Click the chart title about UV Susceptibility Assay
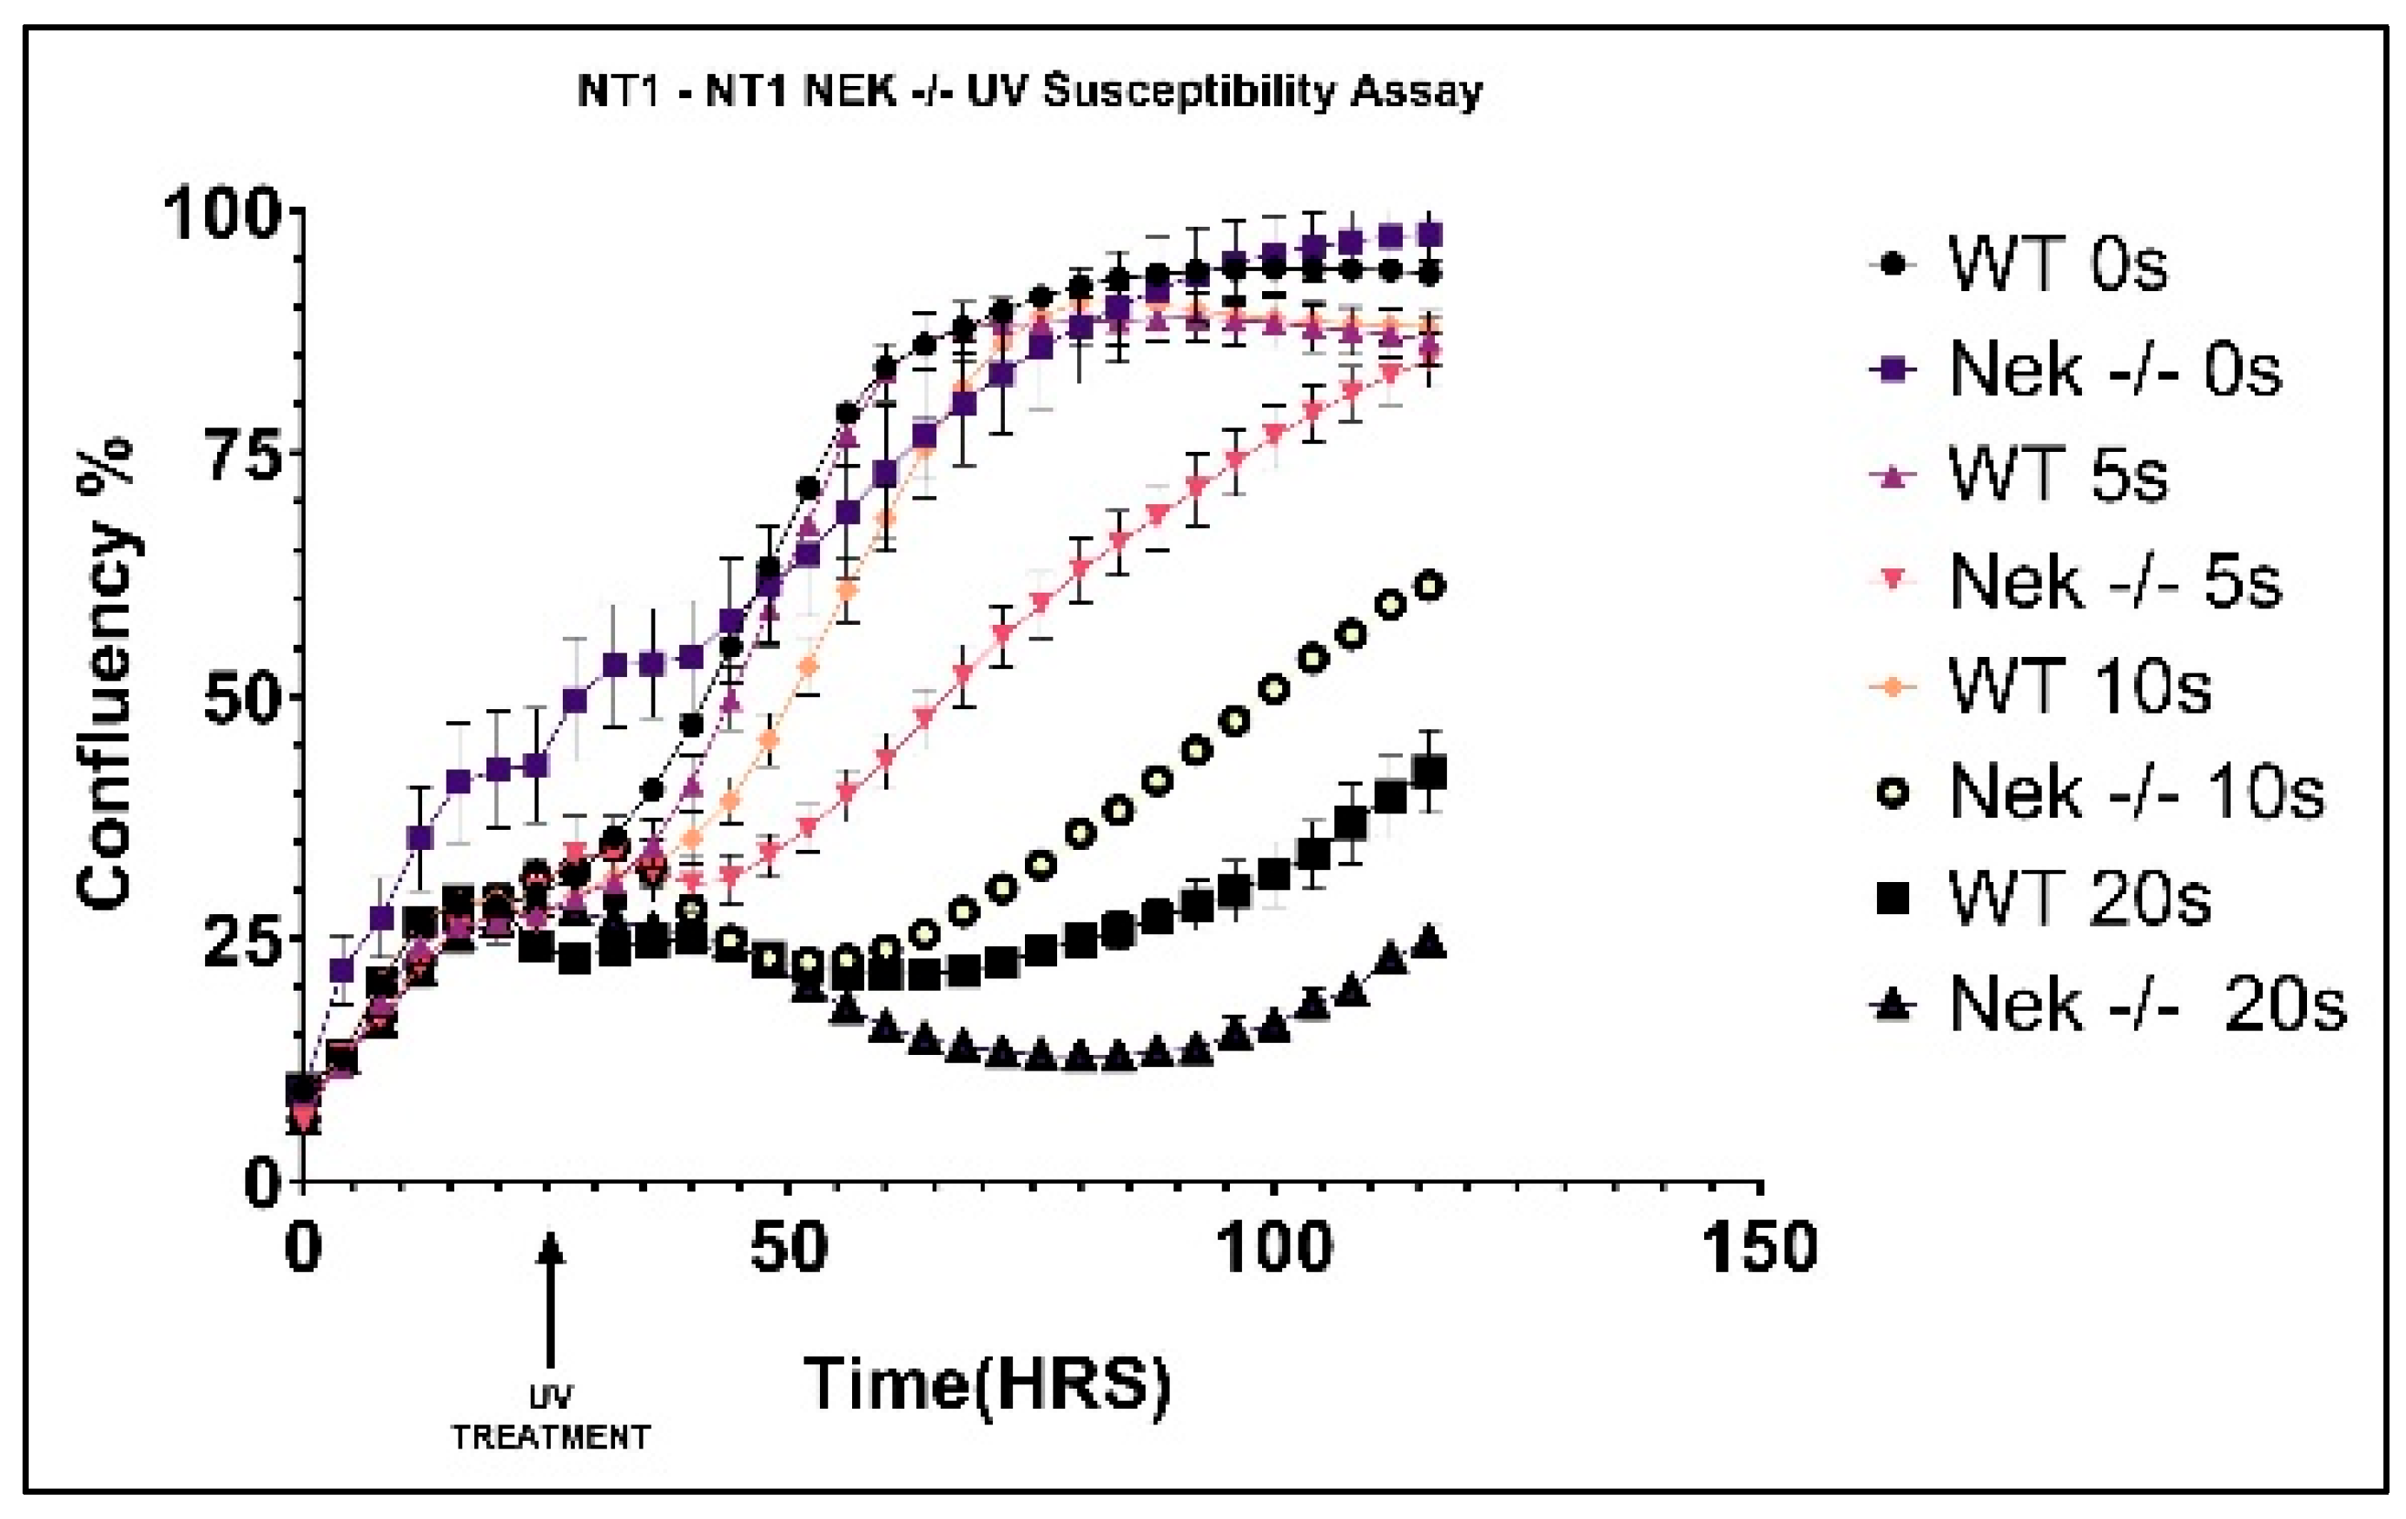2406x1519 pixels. [1030, 93]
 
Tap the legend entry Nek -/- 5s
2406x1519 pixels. [2113, 582]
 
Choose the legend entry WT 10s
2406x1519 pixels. [2079, 688]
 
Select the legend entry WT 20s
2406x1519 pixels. [2079, 899]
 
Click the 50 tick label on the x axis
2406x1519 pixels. [790, 1250]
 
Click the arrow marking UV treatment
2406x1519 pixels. [550, 1299]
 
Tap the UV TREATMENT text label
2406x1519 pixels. [551, 1419]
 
